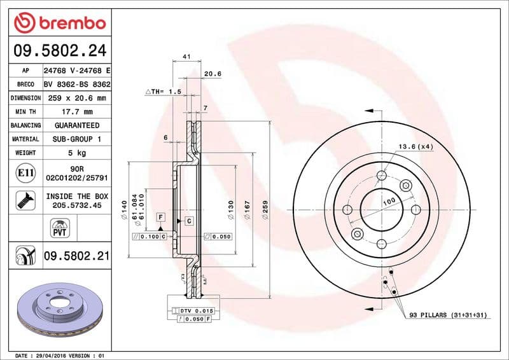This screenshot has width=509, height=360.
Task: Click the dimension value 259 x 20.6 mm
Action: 77,98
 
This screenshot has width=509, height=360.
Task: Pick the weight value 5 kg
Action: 77,153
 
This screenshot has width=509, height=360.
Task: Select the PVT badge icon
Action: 59,229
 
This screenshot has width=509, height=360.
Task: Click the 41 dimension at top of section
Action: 186,57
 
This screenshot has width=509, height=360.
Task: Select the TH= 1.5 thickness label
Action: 164,92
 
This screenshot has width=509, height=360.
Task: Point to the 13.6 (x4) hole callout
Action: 415,146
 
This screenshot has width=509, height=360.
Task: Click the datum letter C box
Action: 189,221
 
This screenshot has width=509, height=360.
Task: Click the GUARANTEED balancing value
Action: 77,125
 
